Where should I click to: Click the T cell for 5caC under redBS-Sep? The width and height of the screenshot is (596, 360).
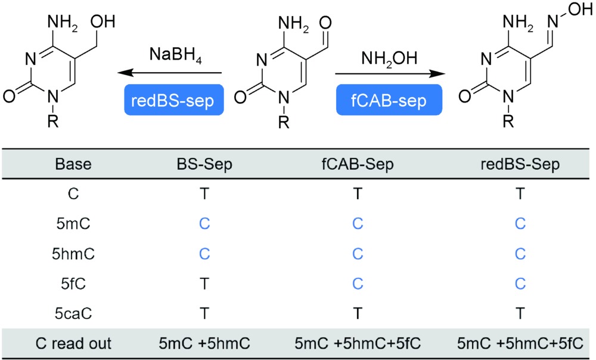[x=520, y=313]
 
